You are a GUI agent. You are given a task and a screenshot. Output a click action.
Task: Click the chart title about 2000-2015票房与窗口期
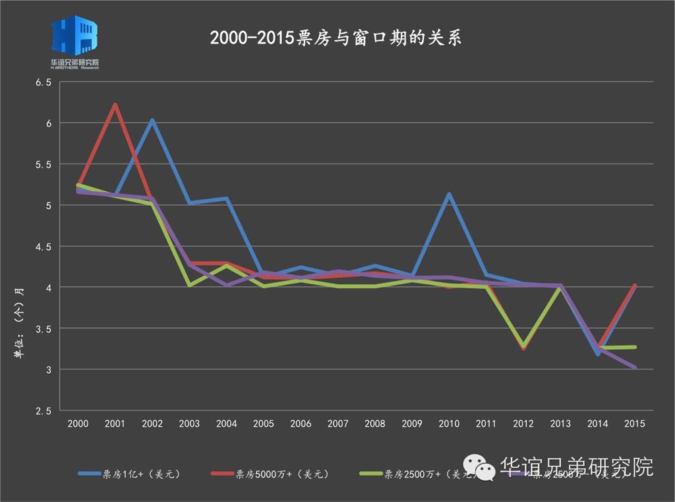coord(336,38)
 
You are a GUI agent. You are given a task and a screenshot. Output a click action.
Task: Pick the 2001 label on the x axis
coord(115,424)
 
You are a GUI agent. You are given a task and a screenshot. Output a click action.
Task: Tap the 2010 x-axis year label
coord(449,424)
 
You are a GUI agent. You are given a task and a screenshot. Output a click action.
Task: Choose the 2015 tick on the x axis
coord(634,424)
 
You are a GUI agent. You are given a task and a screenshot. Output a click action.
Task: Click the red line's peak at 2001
coord(115,104)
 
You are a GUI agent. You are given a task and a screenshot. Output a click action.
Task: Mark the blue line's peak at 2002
coord(152,120)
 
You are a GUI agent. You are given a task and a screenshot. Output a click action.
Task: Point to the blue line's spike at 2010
coord(449,194)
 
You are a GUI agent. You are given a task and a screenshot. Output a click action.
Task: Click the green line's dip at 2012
coord(523,346)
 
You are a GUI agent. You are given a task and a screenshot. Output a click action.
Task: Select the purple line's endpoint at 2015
coord(634,367)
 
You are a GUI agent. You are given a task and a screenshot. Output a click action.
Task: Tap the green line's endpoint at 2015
coord(634,347)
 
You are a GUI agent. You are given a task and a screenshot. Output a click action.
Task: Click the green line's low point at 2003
coord(190,285)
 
